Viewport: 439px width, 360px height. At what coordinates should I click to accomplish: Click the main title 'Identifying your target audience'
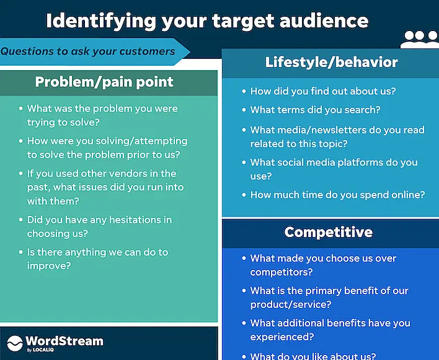pos(207,21)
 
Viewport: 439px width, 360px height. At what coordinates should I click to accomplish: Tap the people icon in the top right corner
pos(419,40)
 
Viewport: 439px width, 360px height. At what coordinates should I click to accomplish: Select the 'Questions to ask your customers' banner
pos(88,52)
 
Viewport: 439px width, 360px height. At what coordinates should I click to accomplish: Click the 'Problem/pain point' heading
pos(104,81)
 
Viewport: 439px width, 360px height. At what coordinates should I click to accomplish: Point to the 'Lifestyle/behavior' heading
pos(331,62)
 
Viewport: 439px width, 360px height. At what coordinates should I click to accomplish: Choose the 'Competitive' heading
pos(328,232)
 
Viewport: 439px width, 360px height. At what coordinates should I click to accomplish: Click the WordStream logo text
pos(64,341)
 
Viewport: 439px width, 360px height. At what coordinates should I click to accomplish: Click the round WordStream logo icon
pos(14,343)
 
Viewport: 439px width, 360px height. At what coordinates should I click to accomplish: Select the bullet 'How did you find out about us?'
pos(322,91)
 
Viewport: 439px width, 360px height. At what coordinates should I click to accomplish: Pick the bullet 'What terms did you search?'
pos(315,110)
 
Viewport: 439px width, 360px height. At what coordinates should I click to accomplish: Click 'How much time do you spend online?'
pos(337,194)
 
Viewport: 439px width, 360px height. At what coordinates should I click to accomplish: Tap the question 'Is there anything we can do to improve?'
pos(97,259)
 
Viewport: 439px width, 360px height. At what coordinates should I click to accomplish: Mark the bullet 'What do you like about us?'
pos(313,356)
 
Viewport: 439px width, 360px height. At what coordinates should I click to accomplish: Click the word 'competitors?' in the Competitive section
pos(282,272)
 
